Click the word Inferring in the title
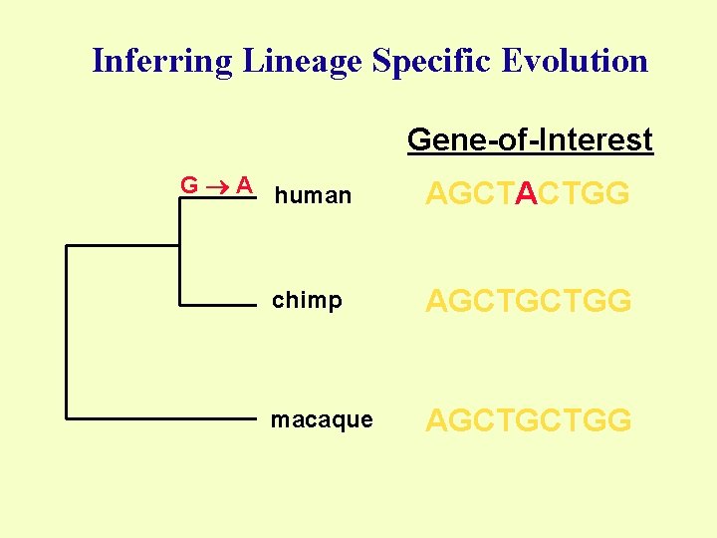(160, 62)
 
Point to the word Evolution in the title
(576, 62)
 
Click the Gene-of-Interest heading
(530, 139)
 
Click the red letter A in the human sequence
(528, 194)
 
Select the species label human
(313, 196)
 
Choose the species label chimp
(307, 301)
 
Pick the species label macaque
(322, 420)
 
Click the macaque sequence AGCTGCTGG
(529, 420)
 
